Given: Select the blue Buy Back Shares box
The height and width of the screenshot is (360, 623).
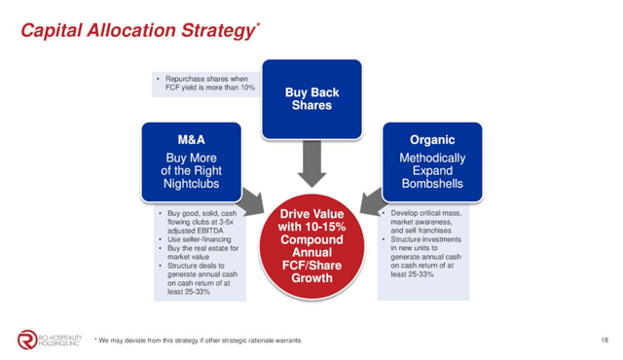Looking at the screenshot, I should pos(311,98).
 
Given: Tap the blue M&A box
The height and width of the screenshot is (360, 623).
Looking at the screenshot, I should pos(190,161).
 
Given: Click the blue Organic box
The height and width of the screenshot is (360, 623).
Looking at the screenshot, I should pos(432,161).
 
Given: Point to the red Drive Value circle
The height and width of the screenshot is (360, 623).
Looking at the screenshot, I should pos(311,247).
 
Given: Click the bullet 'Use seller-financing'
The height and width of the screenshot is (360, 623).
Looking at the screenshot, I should pos(187,238).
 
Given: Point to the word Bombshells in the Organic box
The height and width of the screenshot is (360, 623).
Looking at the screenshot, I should pos(433,184).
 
